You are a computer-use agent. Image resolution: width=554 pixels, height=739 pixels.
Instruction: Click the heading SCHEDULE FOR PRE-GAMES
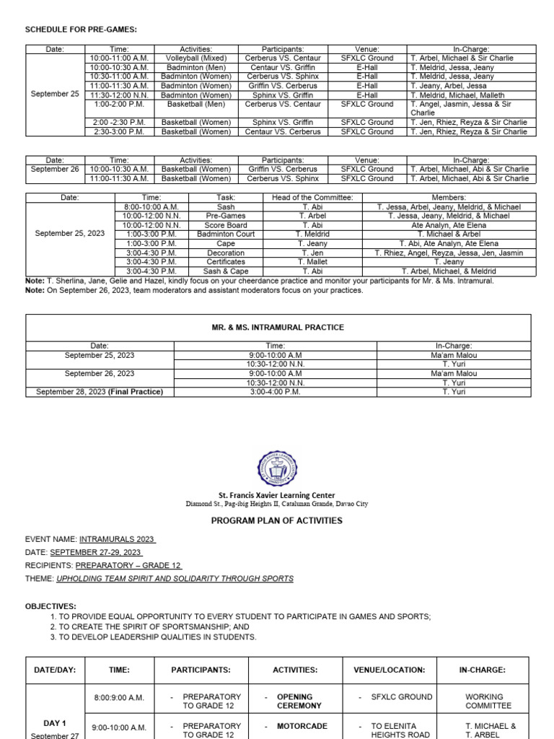[81, 29]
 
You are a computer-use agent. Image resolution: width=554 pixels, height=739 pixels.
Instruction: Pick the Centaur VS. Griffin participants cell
[283, 67]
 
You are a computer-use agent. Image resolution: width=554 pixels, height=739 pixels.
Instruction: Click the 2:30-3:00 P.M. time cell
[119, 132]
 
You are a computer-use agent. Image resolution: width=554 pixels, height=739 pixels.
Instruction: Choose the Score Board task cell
[226, 225]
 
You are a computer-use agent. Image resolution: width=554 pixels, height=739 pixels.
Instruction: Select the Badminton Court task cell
[226, 235]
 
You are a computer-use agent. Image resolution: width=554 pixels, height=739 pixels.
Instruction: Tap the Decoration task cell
[226, 253]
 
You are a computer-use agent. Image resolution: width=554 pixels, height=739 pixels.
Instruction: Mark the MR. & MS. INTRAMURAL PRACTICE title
[278, 328]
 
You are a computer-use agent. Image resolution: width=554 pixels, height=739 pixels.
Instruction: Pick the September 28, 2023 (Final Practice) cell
[100, 392]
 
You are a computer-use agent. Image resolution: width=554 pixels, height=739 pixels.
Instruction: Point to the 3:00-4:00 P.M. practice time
[275, 392]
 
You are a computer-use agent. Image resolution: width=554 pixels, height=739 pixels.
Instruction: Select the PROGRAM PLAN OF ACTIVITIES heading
[277, 520]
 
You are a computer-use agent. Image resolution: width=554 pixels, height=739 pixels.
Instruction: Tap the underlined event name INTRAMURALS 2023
[118, 539]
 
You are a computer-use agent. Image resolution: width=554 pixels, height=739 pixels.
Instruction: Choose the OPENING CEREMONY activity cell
[299, 701]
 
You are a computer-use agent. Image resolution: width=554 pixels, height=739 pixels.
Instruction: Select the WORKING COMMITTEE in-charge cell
[488, 701]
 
